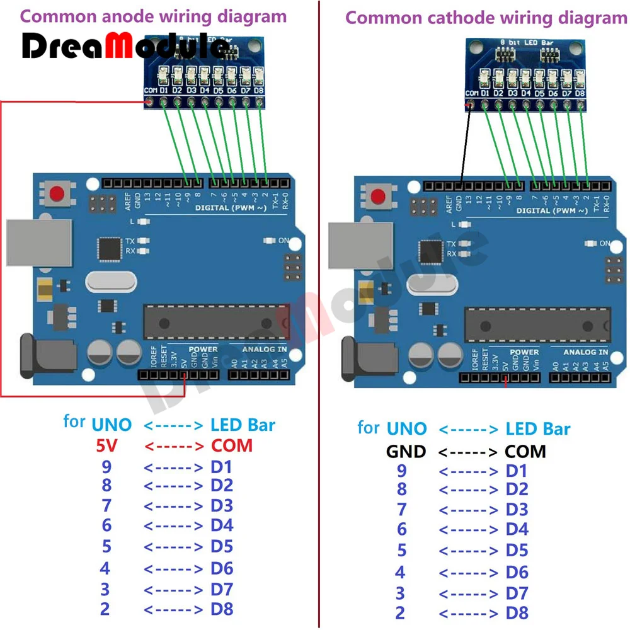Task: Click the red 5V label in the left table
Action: pos(106,446)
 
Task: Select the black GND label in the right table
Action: pos(406,451)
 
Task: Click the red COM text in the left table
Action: pos(231,445)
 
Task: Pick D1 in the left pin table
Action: pos(222,467)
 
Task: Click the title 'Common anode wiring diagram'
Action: pos(153,16)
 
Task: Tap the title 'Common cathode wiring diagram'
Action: pos(486,18)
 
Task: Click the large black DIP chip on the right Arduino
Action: pos(537,324)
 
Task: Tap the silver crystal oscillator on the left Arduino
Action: pos(111,281)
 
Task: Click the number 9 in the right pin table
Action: pos(401,471)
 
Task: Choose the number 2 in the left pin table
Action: pos(105,609)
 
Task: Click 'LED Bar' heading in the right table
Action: pos(538,429)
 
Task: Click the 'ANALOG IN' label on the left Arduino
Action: pos(265,349)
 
